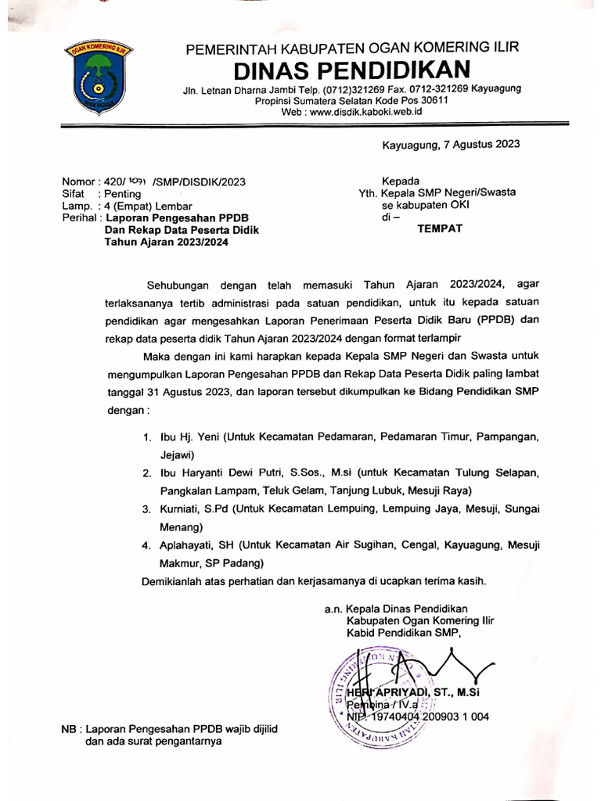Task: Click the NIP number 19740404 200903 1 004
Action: coord(426,716)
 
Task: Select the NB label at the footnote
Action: coord(70,729)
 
